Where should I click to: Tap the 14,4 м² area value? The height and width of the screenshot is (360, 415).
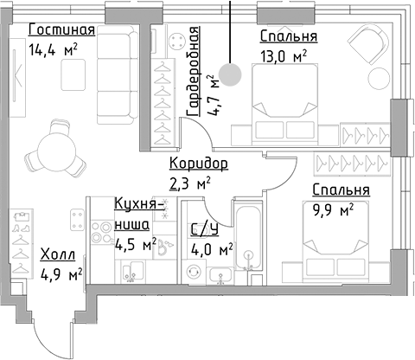[x=53, y=50]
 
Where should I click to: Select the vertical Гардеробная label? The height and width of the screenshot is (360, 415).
[x=195, y=68]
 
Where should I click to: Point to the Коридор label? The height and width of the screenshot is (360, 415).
[x=198, y=164]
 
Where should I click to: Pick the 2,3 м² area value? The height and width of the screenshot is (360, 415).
[x=190, y=182]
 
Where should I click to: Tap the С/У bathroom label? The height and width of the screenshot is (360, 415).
[x=205, y=229]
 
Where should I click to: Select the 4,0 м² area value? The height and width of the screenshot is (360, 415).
[x=212, y=250]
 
